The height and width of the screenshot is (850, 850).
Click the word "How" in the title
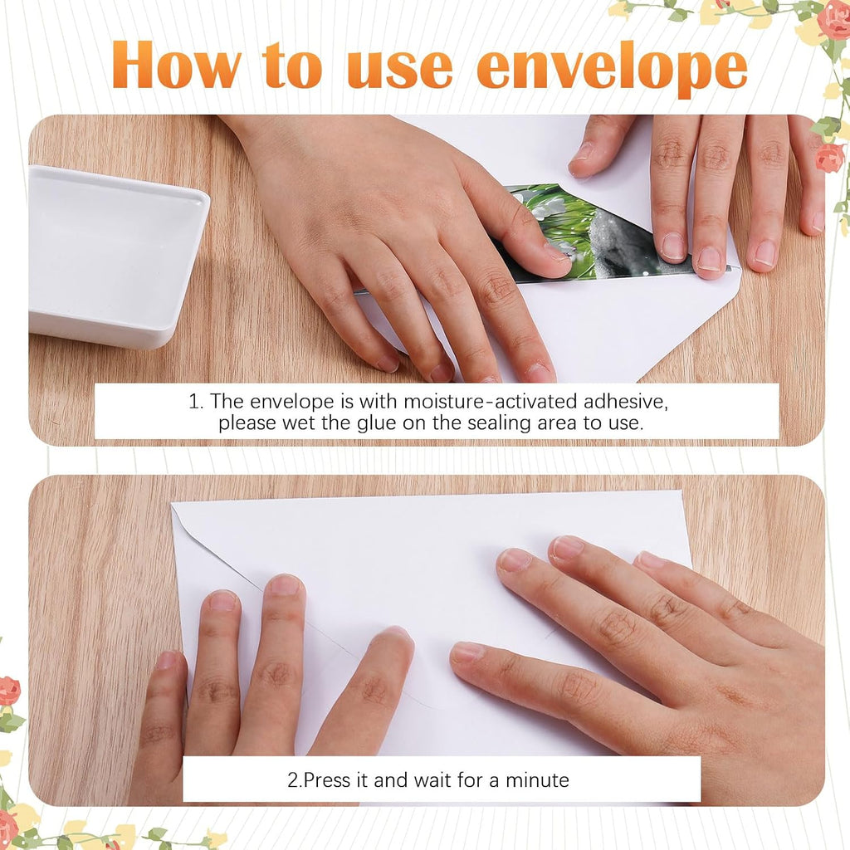177,65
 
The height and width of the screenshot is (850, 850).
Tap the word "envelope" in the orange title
612,70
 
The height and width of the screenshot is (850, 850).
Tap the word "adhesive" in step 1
626,402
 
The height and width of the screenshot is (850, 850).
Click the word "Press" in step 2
327,780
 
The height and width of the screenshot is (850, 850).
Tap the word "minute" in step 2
537,780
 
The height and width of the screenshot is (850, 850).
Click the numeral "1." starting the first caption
196,402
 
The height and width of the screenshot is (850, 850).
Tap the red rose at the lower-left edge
9,691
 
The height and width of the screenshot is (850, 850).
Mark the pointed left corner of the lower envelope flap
173,505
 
